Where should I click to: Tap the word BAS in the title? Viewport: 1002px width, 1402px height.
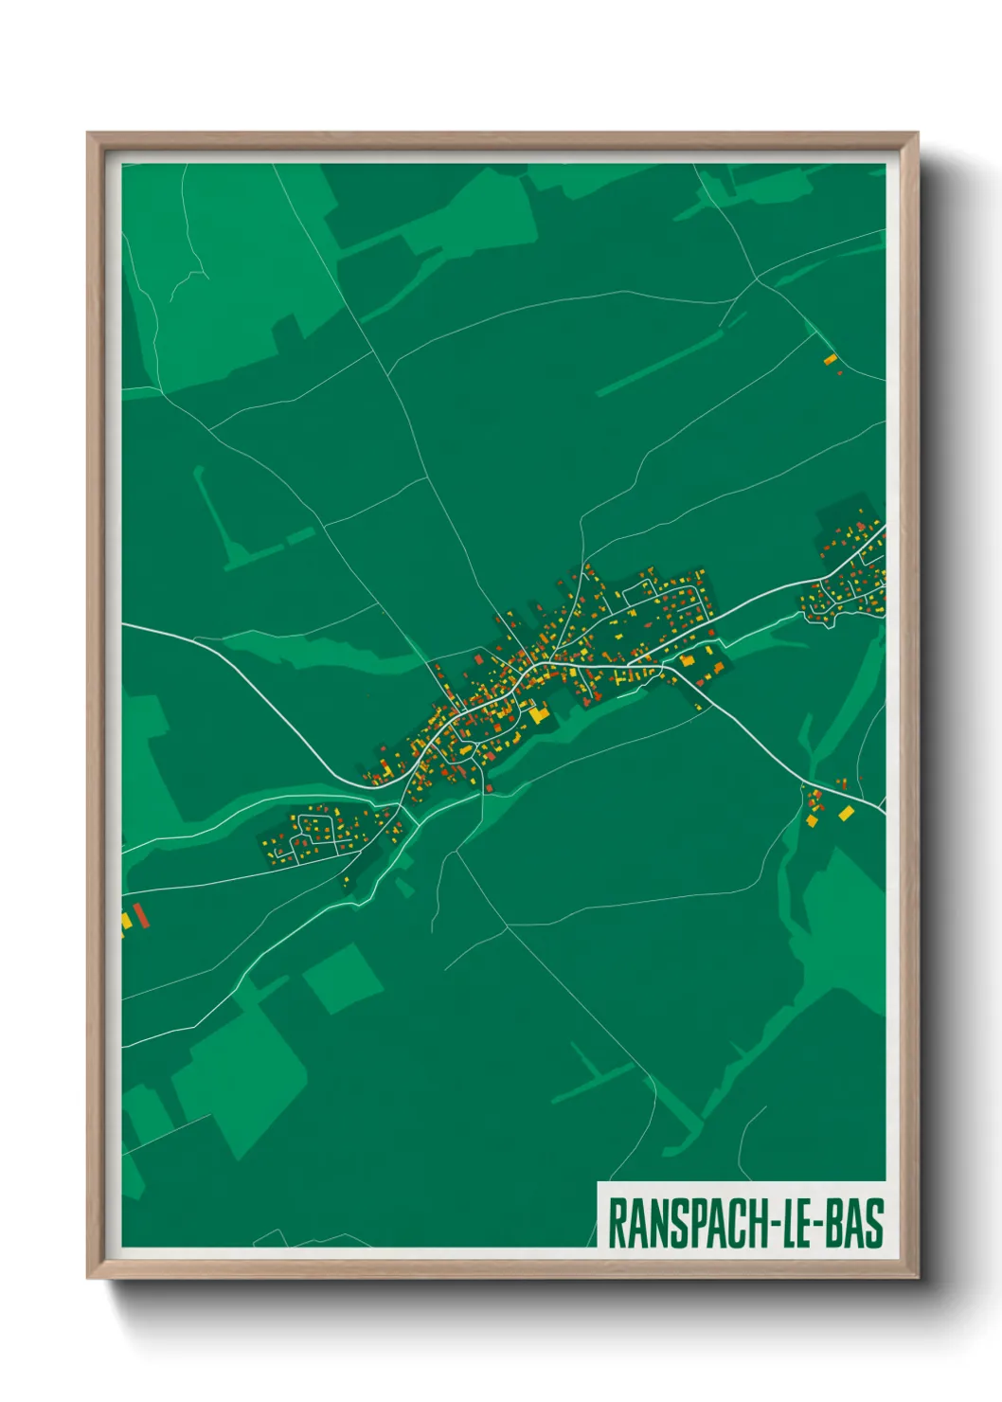854,1223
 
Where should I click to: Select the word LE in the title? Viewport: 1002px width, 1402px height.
796,1223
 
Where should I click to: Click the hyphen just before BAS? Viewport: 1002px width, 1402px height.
819,1225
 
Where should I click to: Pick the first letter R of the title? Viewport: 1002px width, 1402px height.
615,1223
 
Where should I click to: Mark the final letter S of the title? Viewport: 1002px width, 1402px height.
874,1223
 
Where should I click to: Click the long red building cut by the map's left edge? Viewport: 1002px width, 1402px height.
141,915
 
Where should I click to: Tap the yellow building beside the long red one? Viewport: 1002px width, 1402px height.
126,920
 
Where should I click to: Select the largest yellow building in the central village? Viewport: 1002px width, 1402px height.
538,713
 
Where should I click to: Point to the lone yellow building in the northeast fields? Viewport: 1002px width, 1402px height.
831,359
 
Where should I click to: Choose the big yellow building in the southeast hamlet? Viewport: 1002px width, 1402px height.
846,813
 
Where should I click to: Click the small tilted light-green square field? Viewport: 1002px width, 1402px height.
342,978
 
